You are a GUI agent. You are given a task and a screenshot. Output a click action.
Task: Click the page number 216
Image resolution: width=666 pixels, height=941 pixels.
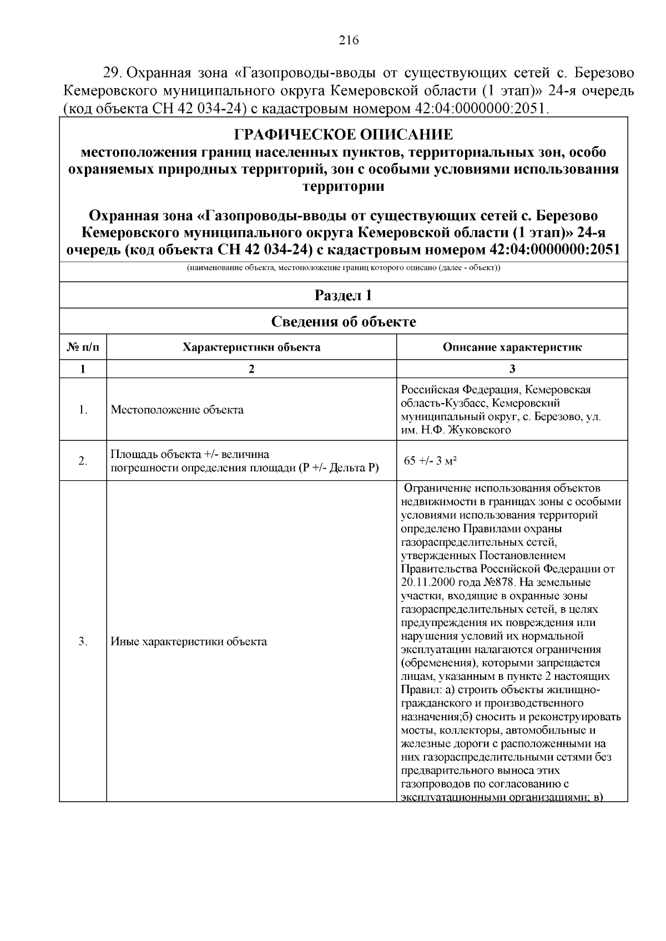coord(349,40)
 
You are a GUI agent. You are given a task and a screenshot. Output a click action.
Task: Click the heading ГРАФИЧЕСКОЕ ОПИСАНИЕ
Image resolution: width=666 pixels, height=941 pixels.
coord(343,135)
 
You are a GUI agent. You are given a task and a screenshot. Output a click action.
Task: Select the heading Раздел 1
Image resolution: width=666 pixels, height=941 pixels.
coord(343,296)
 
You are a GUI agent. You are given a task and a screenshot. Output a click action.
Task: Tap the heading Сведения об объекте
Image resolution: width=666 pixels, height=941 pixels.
coord(343,322)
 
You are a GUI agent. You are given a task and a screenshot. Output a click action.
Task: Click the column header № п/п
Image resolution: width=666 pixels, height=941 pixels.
coord(83,348)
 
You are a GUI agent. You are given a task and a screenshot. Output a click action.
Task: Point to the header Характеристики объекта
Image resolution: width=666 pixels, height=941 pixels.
coord(251,348)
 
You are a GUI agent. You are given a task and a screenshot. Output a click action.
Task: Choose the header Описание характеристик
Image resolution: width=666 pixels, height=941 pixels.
coord(512,348)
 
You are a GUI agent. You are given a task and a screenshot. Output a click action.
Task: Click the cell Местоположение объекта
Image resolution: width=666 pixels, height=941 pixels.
coord(177,410)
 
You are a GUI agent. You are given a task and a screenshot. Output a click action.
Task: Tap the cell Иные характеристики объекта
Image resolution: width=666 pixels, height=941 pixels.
coord(189,642)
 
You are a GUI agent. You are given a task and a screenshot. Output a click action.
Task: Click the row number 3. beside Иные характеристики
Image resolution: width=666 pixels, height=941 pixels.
coord(83,642)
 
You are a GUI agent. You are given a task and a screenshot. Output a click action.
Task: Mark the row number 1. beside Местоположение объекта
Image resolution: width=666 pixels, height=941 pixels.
coord(83,410)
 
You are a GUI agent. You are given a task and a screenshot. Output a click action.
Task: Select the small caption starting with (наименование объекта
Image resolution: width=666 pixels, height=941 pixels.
coord(343,269)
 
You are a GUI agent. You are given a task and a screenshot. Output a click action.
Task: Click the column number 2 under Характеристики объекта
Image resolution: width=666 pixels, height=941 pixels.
coord(251,369)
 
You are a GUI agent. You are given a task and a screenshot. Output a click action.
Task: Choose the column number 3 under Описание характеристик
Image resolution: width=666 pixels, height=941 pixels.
coord(512,369)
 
